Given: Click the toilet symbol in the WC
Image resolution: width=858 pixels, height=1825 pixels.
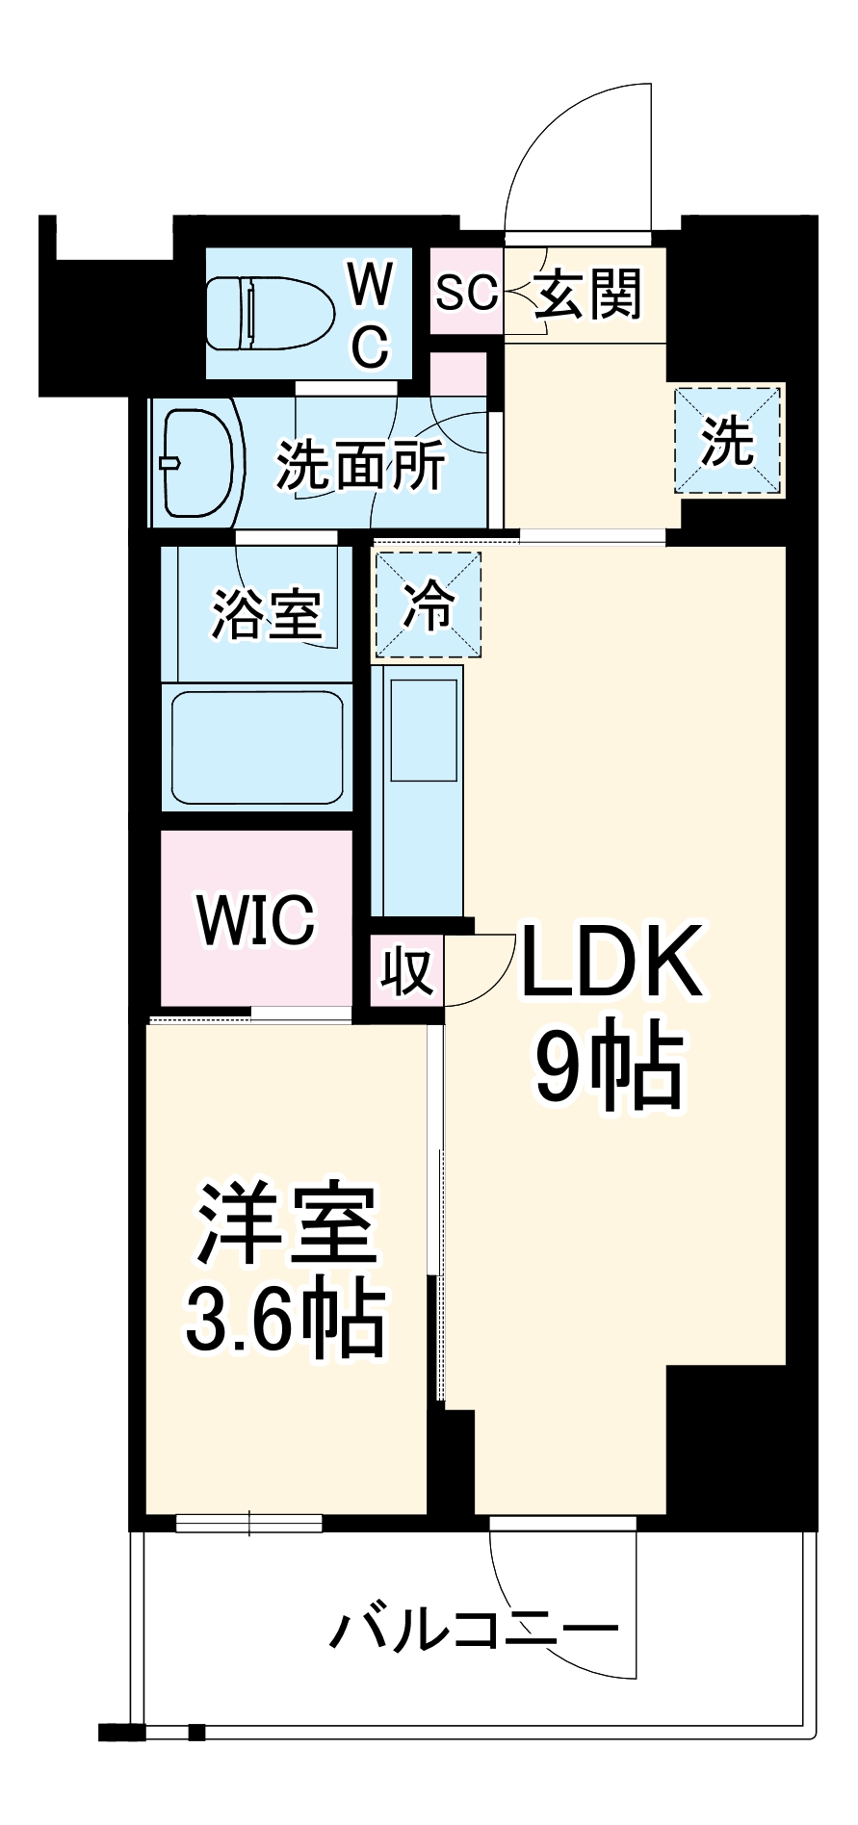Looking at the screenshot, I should tap(269, 313).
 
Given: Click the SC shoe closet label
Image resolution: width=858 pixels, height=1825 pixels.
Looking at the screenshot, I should tap(466, 292).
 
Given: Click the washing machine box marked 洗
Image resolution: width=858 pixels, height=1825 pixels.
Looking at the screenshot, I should tap(728, 442).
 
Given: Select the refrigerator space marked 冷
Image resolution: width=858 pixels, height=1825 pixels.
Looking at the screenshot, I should tap(428, 604).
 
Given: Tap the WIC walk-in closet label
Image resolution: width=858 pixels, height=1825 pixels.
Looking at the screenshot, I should tap(256, 920).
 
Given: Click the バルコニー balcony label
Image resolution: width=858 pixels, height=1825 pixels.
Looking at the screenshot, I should tap(474, 1629).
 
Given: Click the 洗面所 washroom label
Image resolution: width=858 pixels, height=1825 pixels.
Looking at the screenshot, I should tap(361, 466).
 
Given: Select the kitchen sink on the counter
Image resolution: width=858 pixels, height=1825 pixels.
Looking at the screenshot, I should tap(421, 731).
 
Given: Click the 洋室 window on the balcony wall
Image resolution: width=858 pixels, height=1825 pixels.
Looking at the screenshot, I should tap(248, 1523).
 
